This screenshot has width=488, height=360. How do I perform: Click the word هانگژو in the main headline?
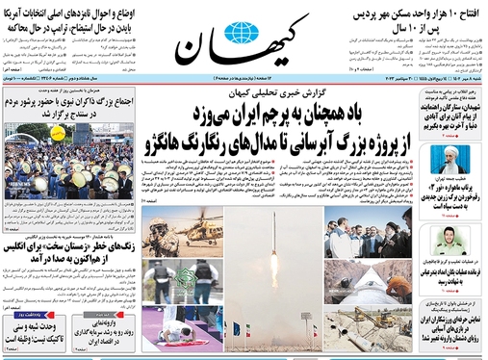click(x=176, y=148)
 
